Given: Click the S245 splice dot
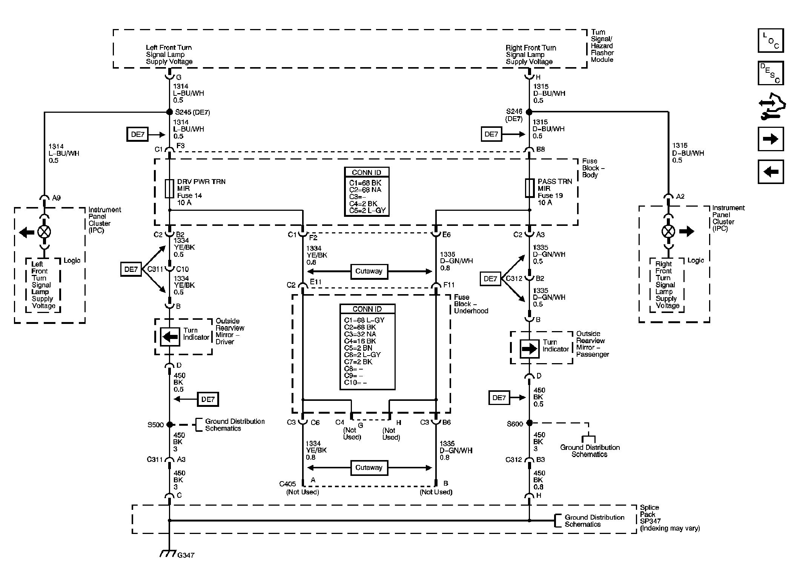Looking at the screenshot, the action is tap(169, 112).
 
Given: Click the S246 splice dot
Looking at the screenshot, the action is tap(529, 112).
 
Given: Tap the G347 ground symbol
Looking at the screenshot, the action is tap(168, 553).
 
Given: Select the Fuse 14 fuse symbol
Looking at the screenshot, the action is tap(169, 189).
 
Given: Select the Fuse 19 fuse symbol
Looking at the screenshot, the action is tap(530, 188).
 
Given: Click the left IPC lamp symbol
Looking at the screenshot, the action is tap(44, 232).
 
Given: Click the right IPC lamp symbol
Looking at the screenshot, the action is tap(668, 231).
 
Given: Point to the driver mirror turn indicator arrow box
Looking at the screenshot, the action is tap(170, 337).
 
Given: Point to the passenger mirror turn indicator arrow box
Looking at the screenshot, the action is tap(529, 349).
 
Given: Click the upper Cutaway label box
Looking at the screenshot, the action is tap(369, 271).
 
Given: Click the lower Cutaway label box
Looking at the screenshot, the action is tap(369, 468).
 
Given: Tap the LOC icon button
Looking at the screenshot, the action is tap(771, 40).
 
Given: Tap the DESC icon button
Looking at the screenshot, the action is tap(771, 73).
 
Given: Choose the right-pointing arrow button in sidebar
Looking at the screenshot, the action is tap(771, 139).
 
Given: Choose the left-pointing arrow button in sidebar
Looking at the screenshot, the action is tap(771, 172).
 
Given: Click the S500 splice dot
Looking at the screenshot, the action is tap(169, 425).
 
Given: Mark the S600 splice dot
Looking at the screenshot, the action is tap(529, 423).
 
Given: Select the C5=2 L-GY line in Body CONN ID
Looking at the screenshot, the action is tap(367, 210).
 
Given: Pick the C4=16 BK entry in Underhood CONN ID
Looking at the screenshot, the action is tap(360, 341).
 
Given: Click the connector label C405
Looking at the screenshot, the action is tap(287, 484).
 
